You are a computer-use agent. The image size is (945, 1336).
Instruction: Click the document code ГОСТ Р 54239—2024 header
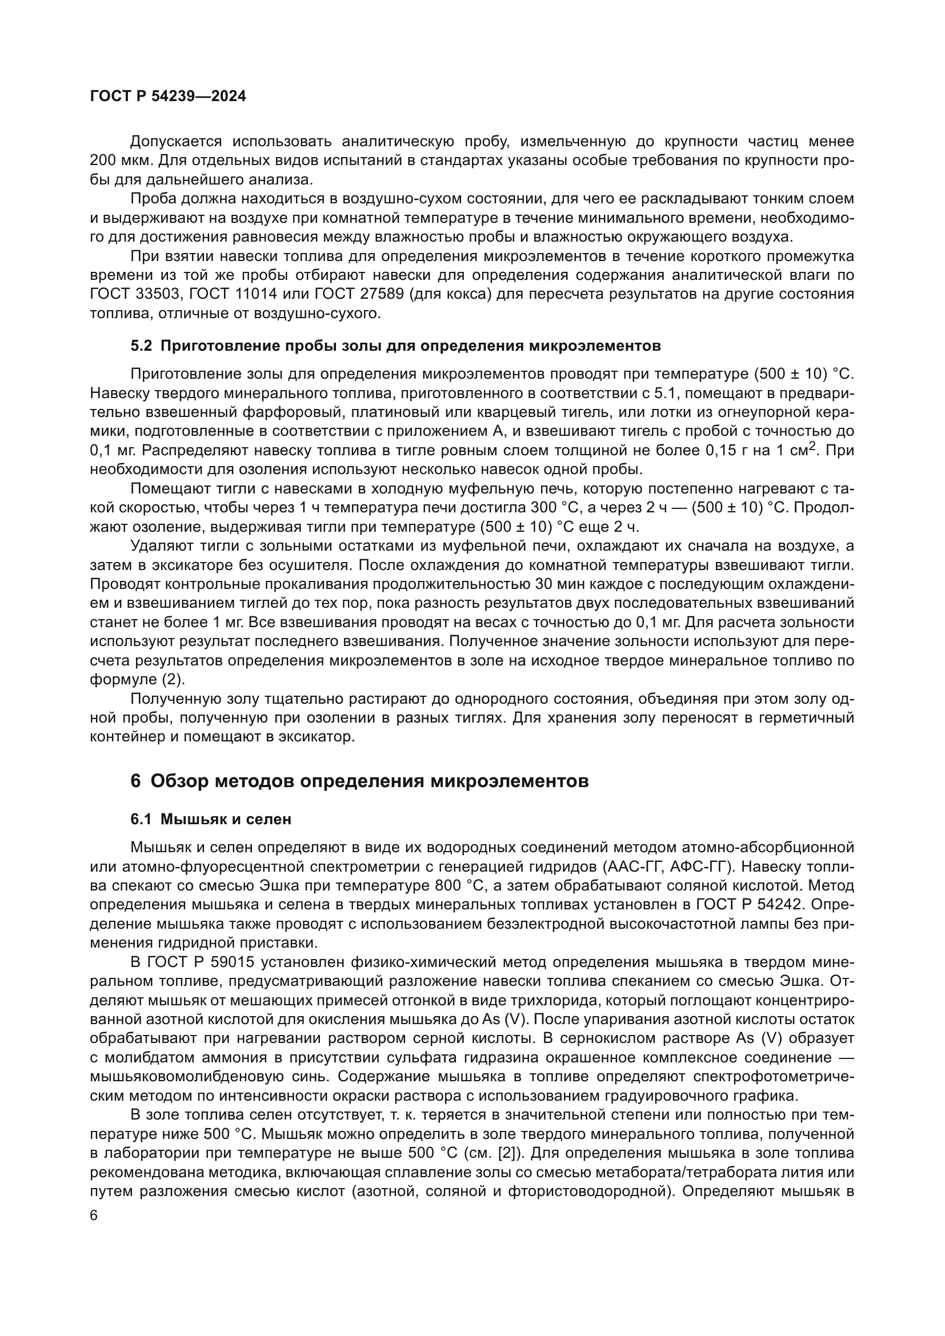coord(168,97)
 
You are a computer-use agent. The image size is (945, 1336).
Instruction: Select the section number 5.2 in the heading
coord(141,346)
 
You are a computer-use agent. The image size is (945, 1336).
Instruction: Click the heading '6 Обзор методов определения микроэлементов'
coord(359,781)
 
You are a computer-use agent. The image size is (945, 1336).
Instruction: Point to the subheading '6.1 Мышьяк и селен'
coord(211,819)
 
